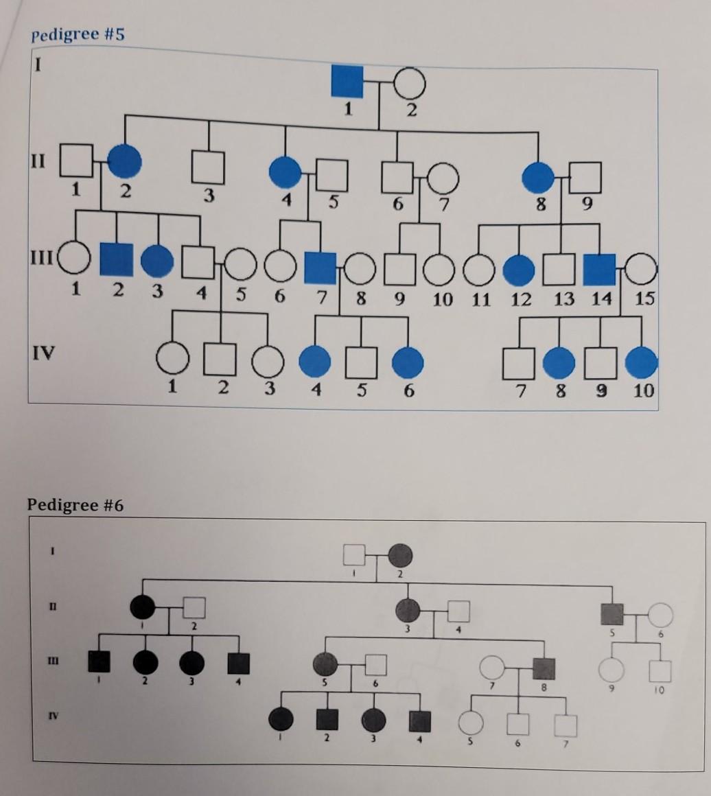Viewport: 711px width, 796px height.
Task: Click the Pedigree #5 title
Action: [78, 34]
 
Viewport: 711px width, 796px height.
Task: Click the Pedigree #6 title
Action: [75, 506]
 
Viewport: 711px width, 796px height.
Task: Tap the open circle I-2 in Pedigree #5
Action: [410, 84]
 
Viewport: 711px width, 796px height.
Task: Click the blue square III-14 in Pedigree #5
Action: [599, 269]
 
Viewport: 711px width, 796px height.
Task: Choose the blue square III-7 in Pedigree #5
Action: [320, 268]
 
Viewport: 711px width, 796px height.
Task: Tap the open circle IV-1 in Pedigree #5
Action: [172, 358]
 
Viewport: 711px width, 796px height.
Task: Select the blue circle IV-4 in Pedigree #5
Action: [315, 362]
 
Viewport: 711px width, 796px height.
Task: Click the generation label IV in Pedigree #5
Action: [43, 354]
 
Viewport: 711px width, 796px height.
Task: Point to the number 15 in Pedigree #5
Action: [645, 298]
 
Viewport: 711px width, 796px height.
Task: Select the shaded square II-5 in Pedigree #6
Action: [611, 613]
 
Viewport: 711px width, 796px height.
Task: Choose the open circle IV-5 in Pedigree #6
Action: [471, 722]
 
